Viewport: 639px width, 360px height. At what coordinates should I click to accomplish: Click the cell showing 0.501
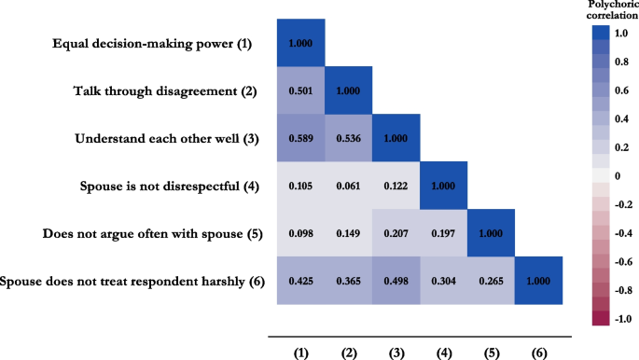pyautogui.click(x=300, y=90)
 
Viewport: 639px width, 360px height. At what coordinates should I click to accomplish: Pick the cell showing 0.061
pyautogui.click(x=348, y=186)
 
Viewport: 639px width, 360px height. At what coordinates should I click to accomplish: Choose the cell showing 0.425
pyautogui.click(x=300, y=280)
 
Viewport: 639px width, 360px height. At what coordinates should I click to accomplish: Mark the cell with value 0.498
pyautogui.click(x=396, y=280)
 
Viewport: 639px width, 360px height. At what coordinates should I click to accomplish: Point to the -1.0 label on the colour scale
pyautogui.click(x=621, y=318)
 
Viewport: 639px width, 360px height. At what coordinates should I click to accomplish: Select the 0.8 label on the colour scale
pyautogui.click(x=621, y=66)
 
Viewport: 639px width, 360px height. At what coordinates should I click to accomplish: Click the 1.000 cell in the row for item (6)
pyautogui.click(x=538, y=280)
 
